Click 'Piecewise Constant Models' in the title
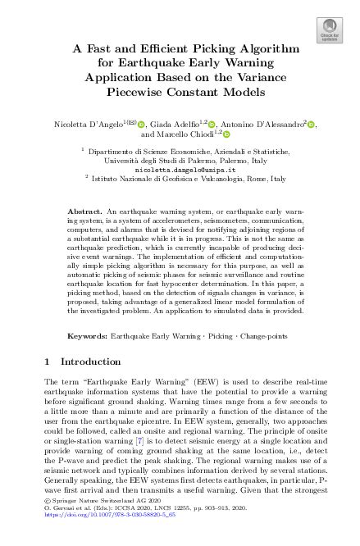click(x=179, y=90)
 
